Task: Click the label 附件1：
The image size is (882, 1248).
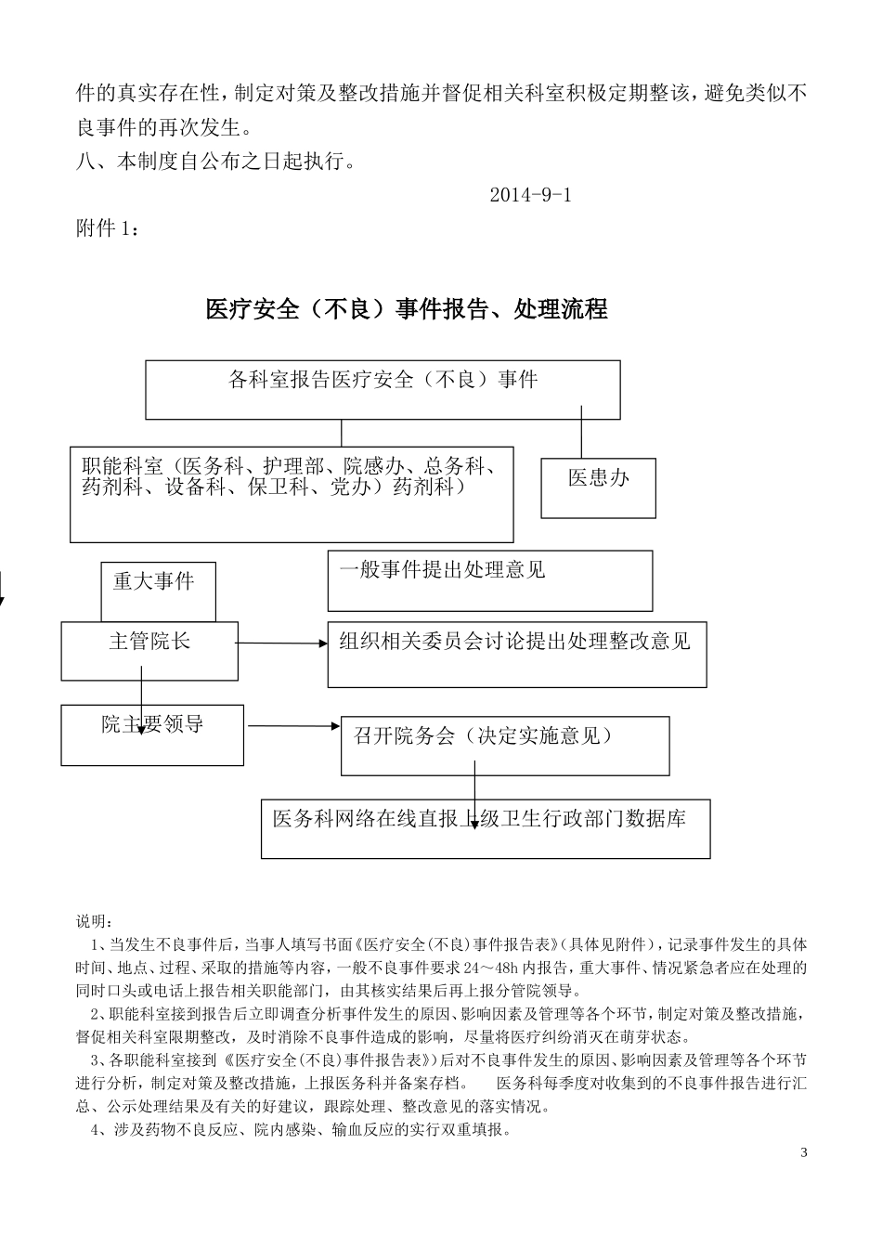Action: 108,228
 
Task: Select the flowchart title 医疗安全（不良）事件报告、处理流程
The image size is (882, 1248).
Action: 407,309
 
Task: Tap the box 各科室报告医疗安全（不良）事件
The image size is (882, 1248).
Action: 383,389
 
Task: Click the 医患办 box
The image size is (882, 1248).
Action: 598,487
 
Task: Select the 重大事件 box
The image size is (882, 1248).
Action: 158,591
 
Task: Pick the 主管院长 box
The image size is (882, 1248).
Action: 149,650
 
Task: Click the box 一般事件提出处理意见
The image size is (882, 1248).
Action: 489,580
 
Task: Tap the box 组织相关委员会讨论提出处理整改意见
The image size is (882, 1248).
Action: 516,654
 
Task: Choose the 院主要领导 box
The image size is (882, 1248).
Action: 152,734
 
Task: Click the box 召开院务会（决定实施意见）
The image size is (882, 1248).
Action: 504,745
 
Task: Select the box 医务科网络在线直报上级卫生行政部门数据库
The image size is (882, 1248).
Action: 485,827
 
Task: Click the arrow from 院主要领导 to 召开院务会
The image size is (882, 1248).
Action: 292,725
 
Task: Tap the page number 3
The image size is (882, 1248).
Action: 803,1153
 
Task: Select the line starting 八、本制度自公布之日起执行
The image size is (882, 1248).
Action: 215,162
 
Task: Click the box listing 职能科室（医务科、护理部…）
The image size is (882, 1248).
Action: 291,493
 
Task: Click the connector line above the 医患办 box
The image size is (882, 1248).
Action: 582,433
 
